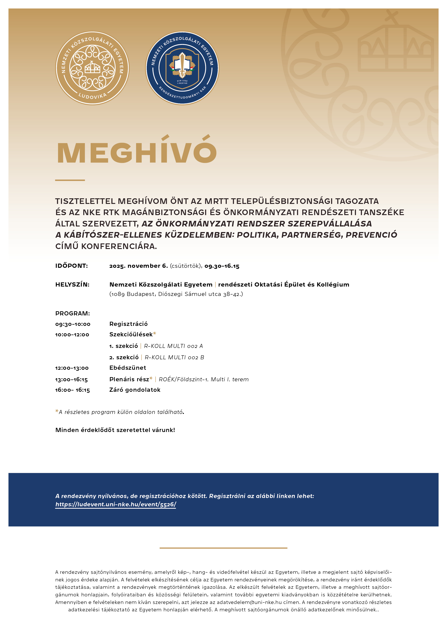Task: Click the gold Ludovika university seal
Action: pyautogui.click(x=92, y=68)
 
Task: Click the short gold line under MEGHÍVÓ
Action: pyautogui.click(x=70, y=180)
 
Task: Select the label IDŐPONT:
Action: pyautogui.click(x=72, y=266)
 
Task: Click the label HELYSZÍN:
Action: pyautogui.click(x=72, y=285)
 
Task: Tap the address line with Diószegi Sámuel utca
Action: pyautogui.click(x=176, y=294)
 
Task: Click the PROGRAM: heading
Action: pyautogui.click(x=73, y=313)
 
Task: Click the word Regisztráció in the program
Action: pyautogui.click(x=128, y=324)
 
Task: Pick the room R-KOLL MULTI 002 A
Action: pyautogui.click(x=174, y=346)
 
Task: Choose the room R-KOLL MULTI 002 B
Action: pyautogui.click(x=174, y=357)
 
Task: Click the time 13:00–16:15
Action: pyautogui.click(x=72, y=380)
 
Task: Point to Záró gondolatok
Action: pyautogui.click(x=135, y=390)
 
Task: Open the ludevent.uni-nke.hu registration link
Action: pyautogui.click(x=116, y=505)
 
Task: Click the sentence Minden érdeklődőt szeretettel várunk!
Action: pyautogui.click(x=115, y=430)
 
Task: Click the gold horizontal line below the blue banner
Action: pyautogui.click(x=223, y=548)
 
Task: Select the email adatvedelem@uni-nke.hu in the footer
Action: pyautogui.click(x=249, y=602)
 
